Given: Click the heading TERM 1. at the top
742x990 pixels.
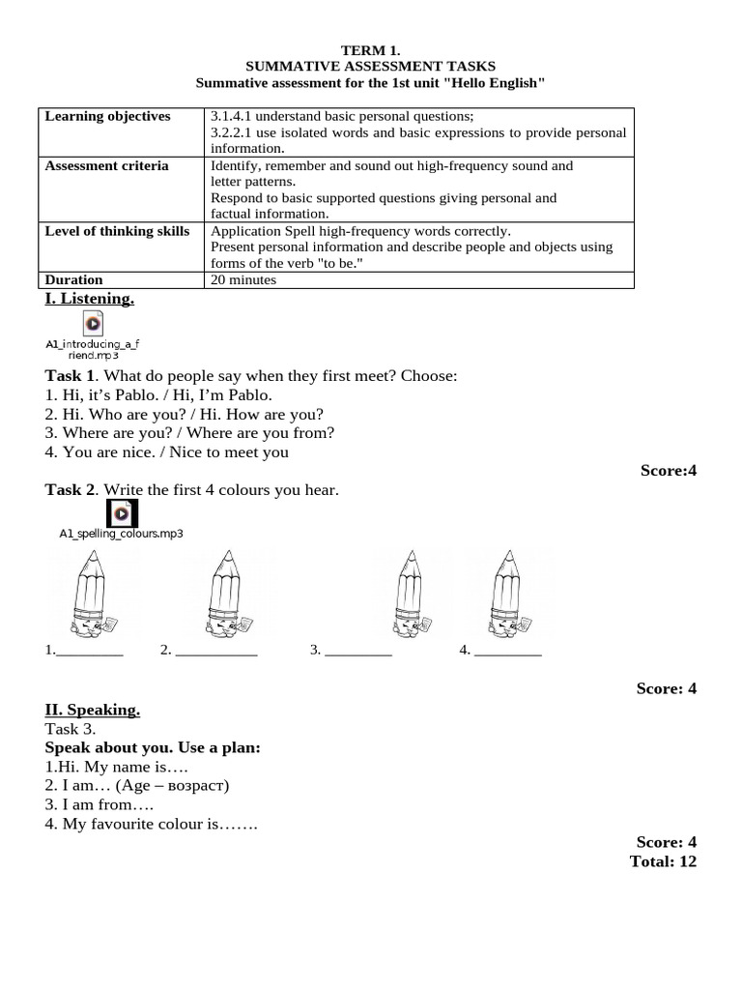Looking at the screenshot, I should (370, 49).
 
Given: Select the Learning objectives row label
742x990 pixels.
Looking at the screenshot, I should (107, 116).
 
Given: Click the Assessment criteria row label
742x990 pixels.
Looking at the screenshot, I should (106, 165).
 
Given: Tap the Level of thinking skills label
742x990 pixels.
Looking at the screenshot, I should (117, 231).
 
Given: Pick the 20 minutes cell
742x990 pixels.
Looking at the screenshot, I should (243, 280).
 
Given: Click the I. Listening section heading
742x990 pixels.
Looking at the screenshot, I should (90, 299).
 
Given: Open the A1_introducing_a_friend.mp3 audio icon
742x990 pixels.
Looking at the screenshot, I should (93, 323).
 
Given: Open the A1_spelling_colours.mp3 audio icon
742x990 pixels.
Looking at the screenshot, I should (122, 512).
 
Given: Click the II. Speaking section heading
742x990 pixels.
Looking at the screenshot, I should (93, 710).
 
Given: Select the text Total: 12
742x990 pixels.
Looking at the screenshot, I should (663, 860).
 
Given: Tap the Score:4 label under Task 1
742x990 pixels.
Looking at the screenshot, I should (668, 471).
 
